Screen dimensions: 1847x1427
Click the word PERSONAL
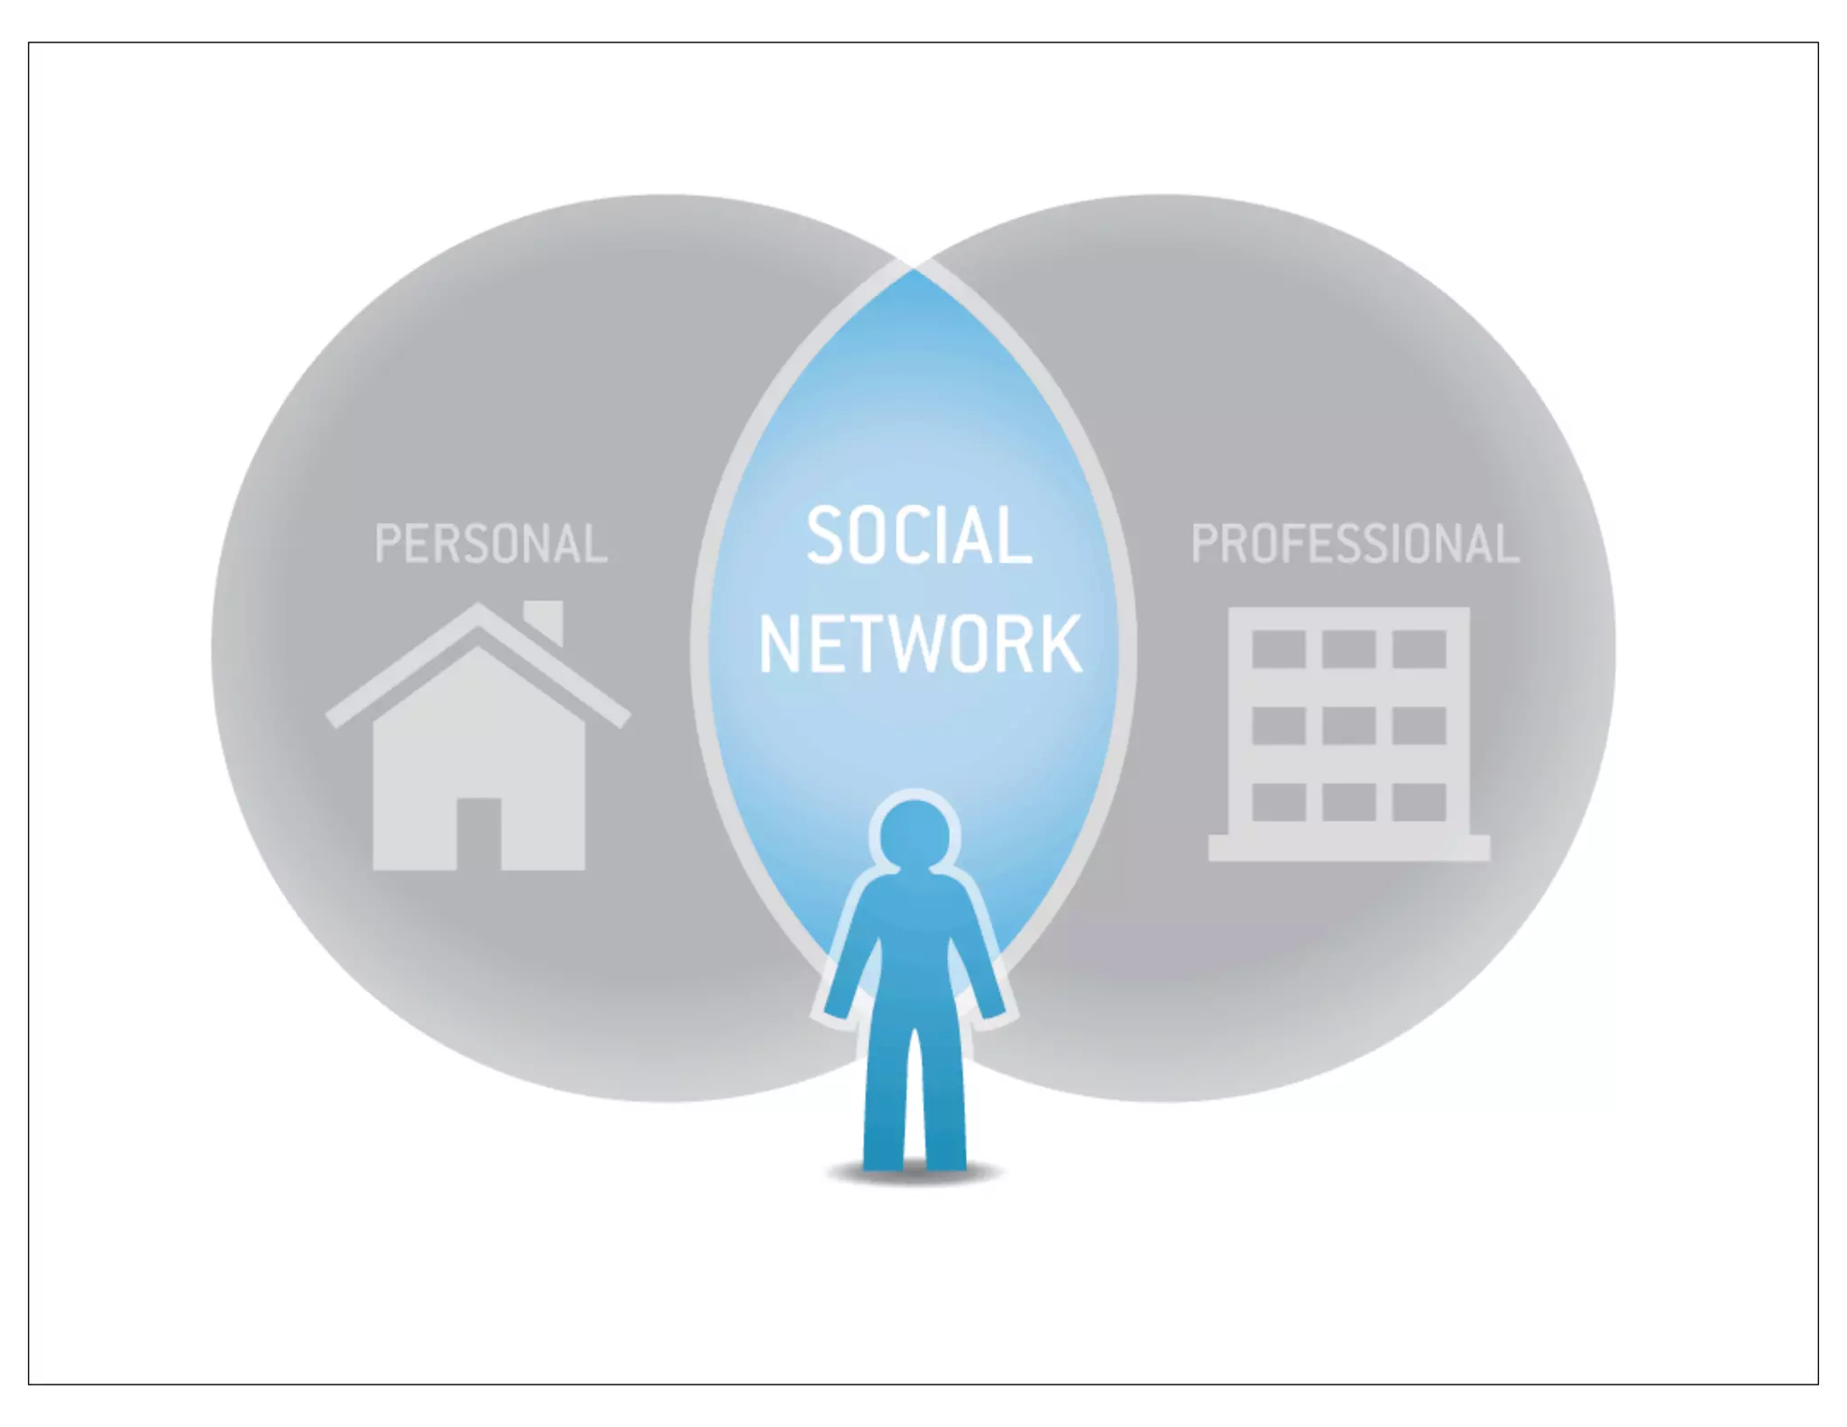click(x=491, y=544)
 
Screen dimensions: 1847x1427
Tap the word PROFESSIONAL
click(x=1355, y=544)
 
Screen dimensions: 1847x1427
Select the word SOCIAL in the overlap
click(x=918, y=536)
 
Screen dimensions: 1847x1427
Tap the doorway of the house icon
click(x=478, y=833)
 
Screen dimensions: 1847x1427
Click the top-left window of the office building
click(x=1279, y=649)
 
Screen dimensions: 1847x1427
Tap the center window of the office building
click(x=1349, y=725)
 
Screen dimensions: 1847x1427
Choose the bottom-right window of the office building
click(x=1420, y=802)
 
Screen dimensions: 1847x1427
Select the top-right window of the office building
click(x=1420, y=649)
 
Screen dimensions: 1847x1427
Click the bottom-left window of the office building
click(x=1279, y=802)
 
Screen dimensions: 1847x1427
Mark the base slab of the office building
click(x=1349, y=848)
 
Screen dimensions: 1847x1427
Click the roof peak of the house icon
click(x=478, y=613)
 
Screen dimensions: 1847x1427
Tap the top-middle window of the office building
click(x=1349, y=649)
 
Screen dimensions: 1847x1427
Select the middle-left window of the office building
click(x=1279, y=725)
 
